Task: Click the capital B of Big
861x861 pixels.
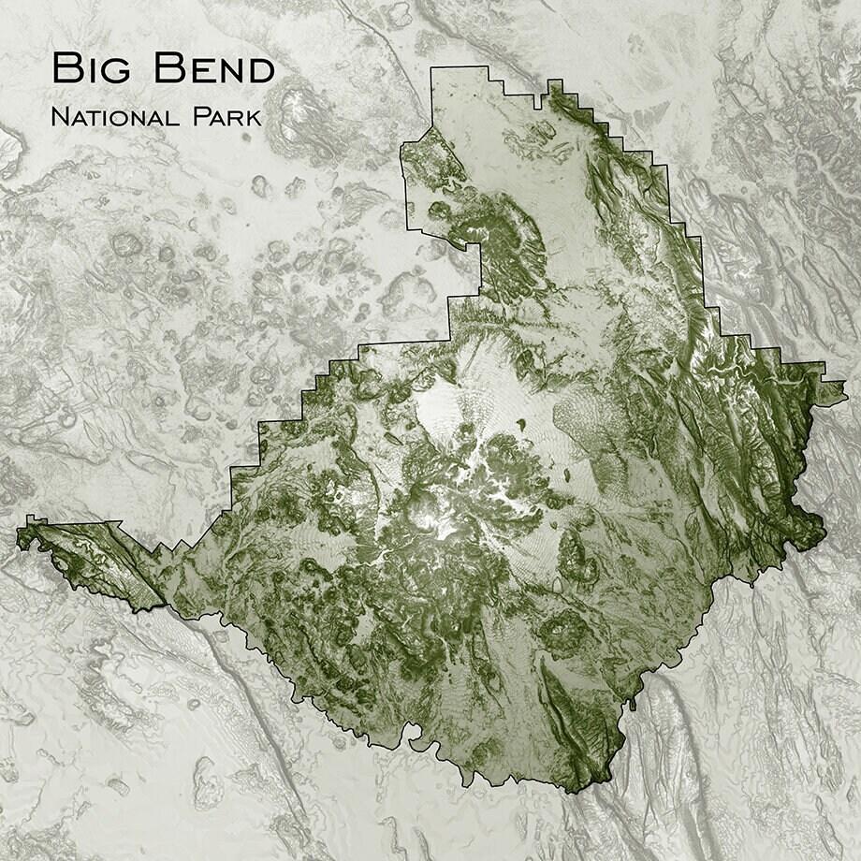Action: (66, 69)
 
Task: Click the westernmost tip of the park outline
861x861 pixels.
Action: (19, 533)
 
